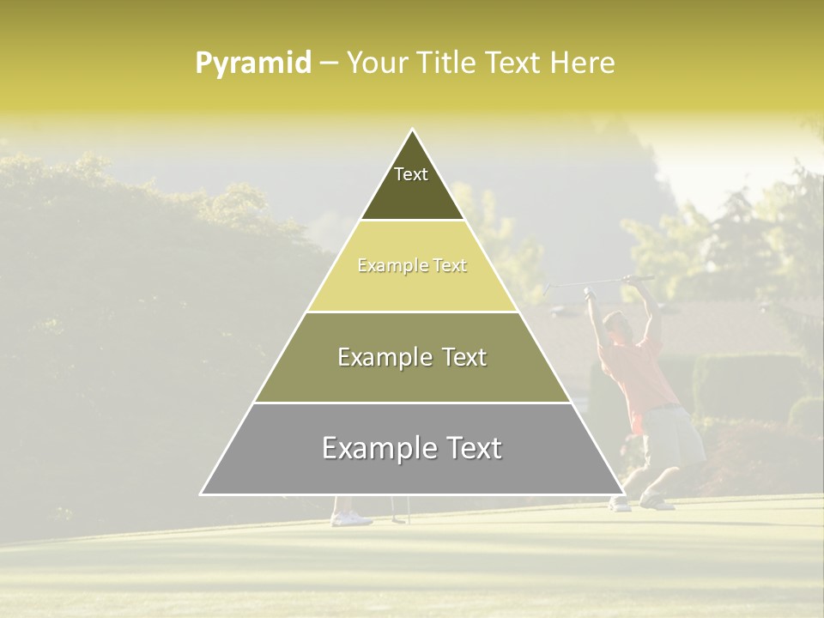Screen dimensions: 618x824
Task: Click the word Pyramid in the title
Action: click(x=252, y=64)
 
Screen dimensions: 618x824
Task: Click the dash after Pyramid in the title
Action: click(x=329, y=64)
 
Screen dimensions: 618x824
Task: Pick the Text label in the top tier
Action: click(x=411, y=174)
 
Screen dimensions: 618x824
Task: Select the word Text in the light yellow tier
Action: click(x=450, y=266)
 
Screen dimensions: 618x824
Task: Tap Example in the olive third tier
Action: click(x=382, y=357)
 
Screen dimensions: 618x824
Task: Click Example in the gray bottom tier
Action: click(x=374, y=448)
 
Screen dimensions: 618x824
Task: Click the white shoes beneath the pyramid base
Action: click(x=351, y=518)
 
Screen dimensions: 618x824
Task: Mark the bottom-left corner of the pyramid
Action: click(x=201, y=494)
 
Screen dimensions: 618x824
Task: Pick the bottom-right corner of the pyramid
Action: click(x=624, y=494)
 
